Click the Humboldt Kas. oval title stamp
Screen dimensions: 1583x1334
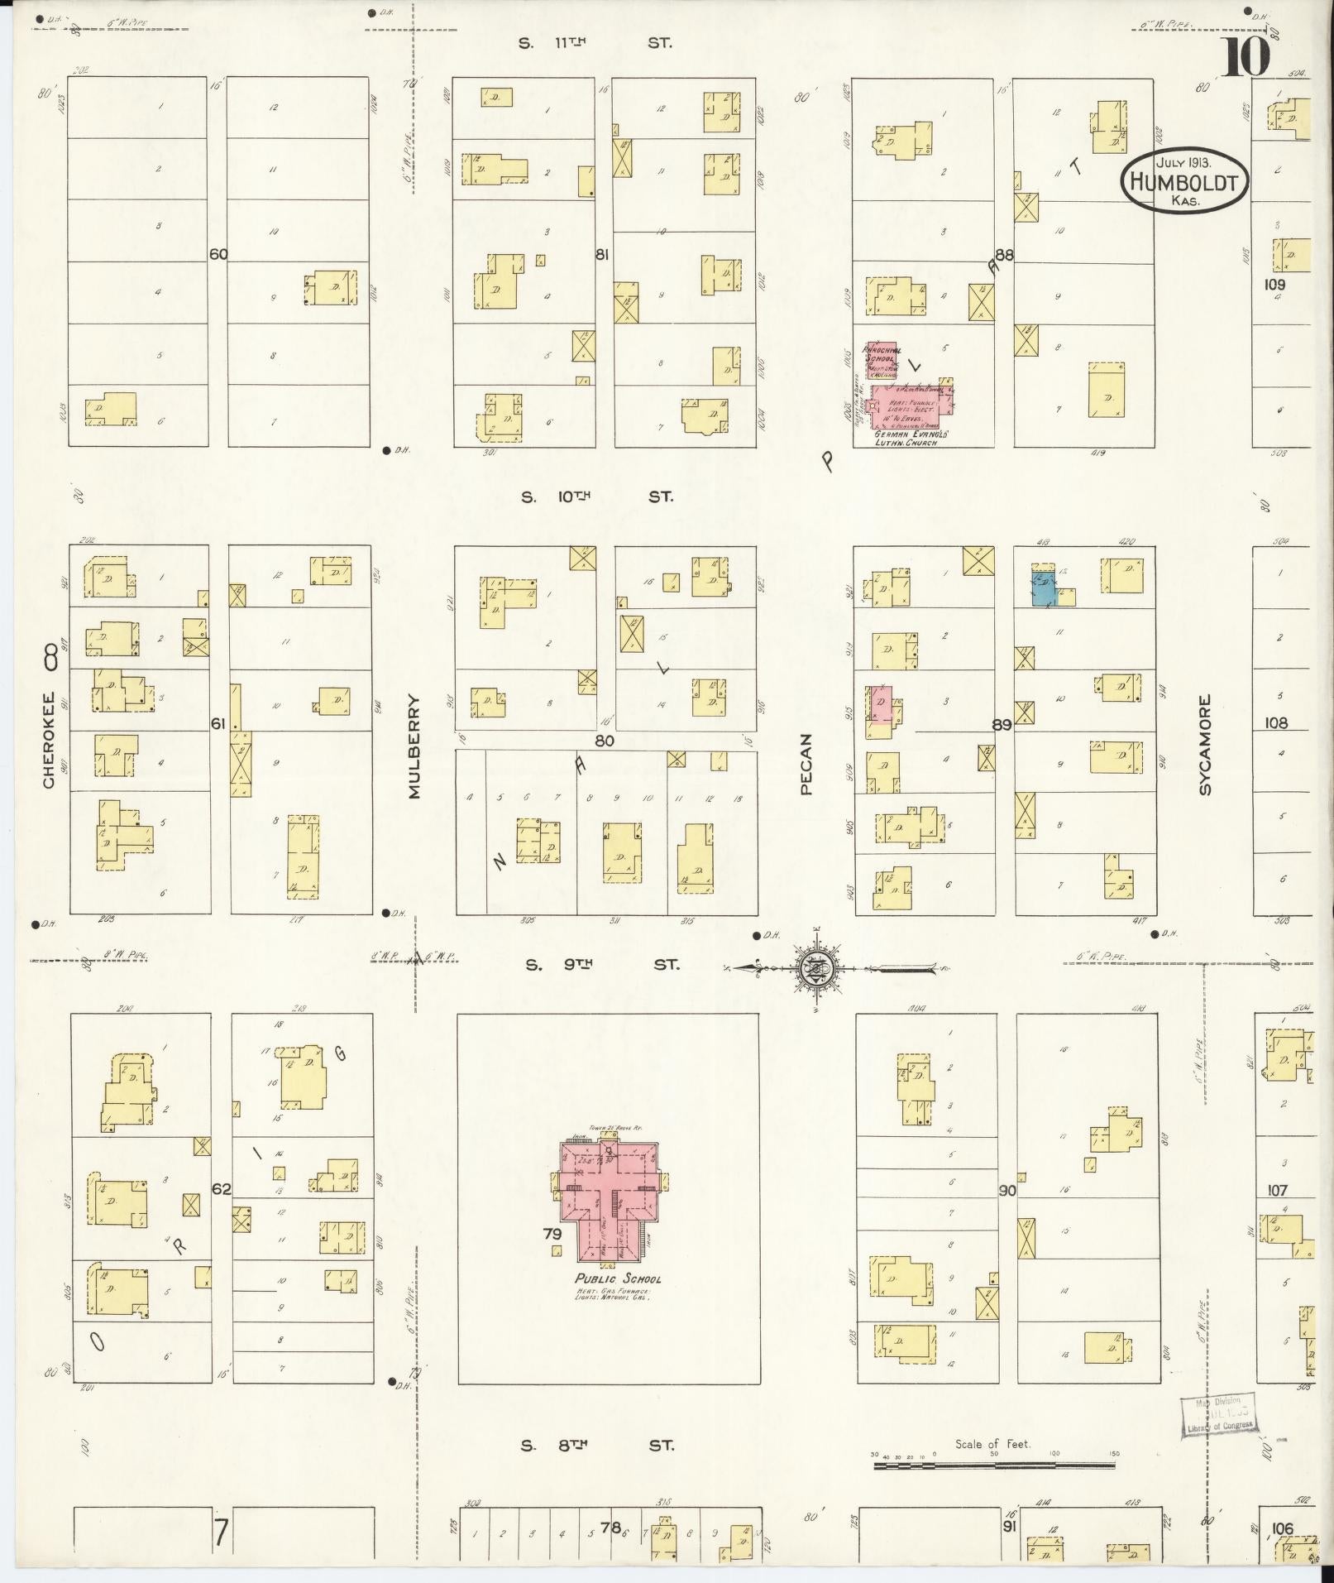[x=1184, y=180]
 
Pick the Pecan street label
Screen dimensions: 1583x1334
[x=807, y=765]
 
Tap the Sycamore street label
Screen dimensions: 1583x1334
[x=1204, y=745]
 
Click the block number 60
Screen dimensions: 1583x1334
[x=218, y=254]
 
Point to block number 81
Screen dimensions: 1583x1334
[x=602, y=254]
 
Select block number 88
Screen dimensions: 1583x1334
[x=1004, y=256]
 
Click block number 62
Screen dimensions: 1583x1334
[x=221, y=1189]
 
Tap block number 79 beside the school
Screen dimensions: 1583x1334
[x=552, y=1234]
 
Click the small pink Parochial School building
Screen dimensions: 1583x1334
[x=880, y=358]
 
